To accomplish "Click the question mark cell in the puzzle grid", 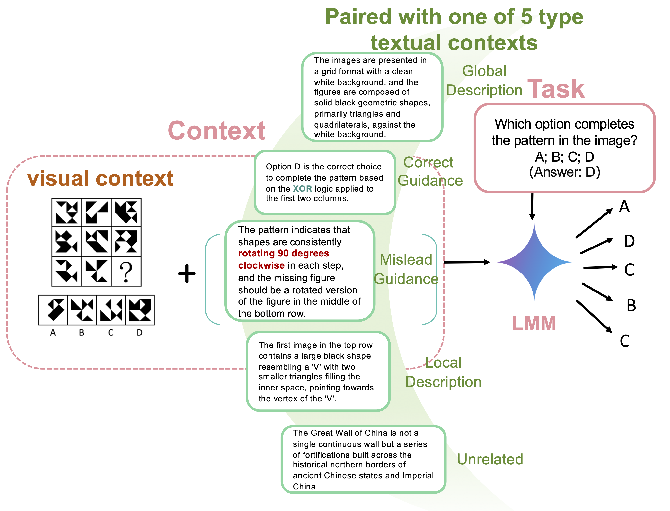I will pos(126,272).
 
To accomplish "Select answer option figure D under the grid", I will pos(140,310).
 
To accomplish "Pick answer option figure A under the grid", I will pos(53,310).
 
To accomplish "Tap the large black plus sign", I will pos(187,273).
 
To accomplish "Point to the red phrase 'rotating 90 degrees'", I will pos(283,253).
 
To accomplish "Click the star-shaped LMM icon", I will pos(534,262).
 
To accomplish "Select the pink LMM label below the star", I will pos(534,323).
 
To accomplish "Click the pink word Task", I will pos(556,89).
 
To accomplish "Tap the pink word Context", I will pos(216,131).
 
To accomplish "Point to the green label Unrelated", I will pos(490,459).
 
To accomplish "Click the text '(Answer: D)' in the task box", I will pos(565,172).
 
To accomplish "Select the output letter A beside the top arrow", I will pos(624,207).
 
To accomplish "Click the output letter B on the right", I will pos(631,305).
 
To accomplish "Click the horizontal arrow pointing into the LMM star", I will pos(467,262).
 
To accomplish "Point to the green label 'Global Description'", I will pos(484,81).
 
